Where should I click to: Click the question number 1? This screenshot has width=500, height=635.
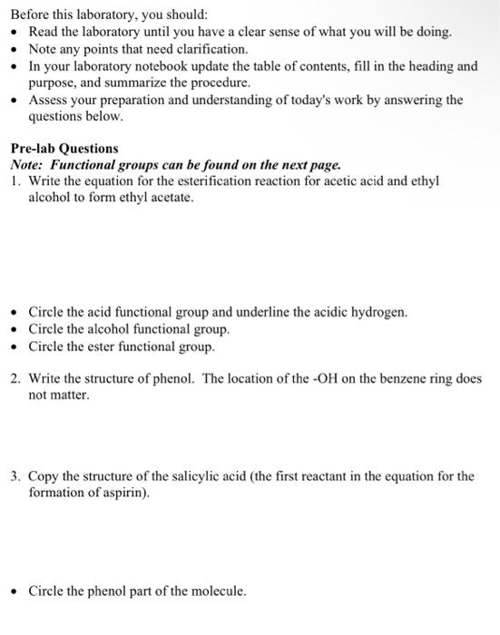click(x=15, y=181)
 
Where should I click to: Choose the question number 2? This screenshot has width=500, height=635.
click(x=15, y=379)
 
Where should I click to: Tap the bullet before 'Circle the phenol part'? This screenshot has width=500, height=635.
click(x=15, y=591)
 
